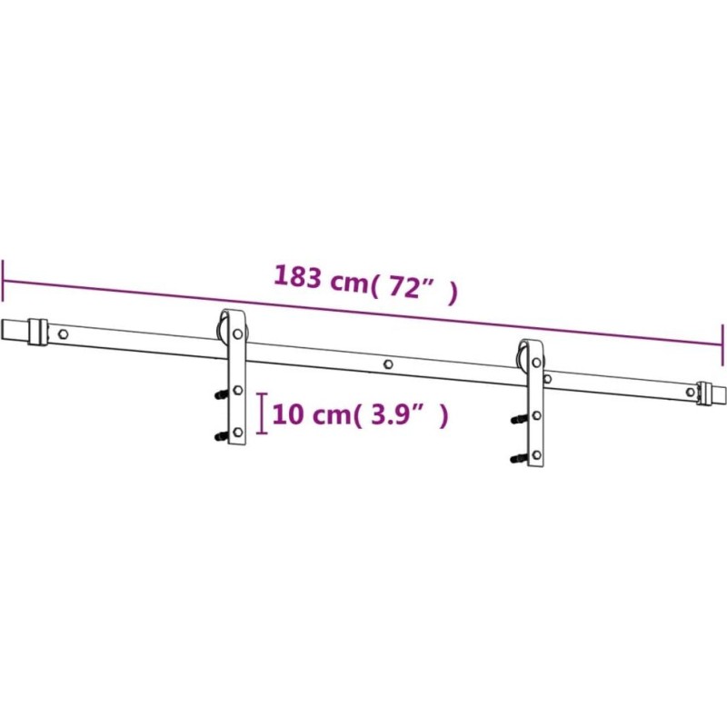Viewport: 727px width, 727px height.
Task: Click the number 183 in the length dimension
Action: tap(298, 277)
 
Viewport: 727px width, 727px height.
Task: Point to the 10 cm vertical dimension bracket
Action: tap(263, 413)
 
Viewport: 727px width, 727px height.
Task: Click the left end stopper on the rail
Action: tap(37, 331)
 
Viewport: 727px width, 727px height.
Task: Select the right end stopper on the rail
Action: tap(703, 393)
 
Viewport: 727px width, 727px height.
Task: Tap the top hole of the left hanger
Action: tap(238, 334)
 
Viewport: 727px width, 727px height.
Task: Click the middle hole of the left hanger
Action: tap(238, 391)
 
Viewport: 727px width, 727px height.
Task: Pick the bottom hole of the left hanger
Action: tap(238, 433)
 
